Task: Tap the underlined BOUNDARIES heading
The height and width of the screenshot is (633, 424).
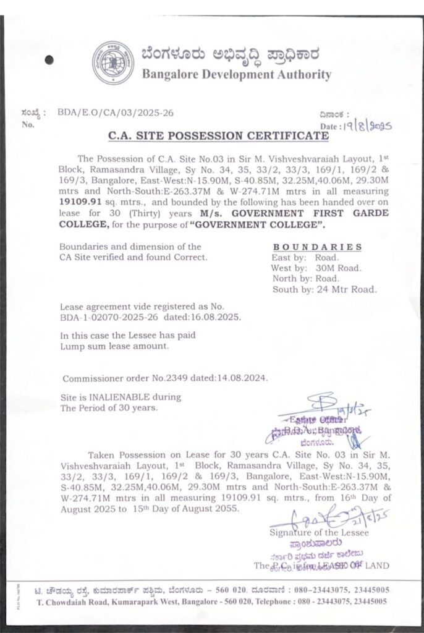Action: tap(317, 247)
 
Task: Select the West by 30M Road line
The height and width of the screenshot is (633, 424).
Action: tap(316, 268)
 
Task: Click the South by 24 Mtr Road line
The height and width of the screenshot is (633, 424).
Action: tap(323, 289)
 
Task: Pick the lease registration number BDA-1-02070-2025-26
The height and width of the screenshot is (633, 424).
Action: tap(109, 316)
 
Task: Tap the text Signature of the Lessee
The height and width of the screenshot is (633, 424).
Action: tap(319, 532)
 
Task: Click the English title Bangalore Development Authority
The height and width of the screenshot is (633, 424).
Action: tap(236, 75)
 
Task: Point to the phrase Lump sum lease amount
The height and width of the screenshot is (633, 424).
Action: tap(114, 347)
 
